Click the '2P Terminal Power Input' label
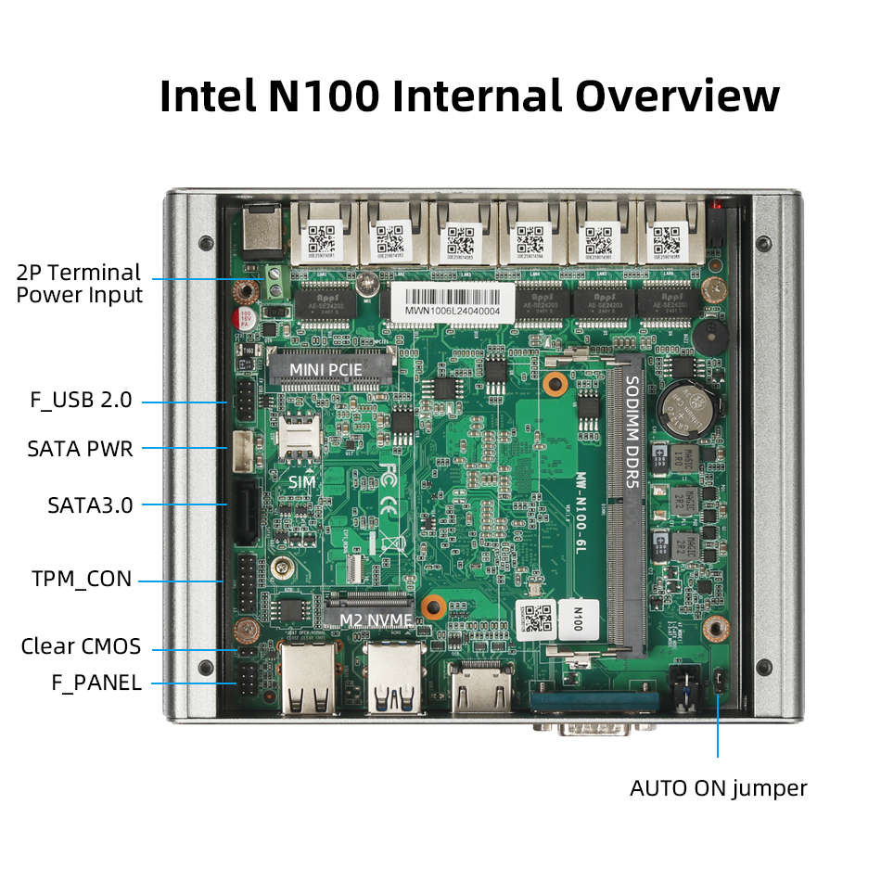click(x=80, y=284)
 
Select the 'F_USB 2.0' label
click(x=82, y=401)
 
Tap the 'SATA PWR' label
click(x=81, y=449)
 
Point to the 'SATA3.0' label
click(x=90, y=505)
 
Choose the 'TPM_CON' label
click(x=82, y=580)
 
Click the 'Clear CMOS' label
click(x=81, y=646)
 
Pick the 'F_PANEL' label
click(x=96, y=683)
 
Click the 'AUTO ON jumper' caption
click(x=718, y=788)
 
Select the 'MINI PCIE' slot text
click(x=326, y=370)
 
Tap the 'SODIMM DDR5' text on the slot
click(x=631, y=431)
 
